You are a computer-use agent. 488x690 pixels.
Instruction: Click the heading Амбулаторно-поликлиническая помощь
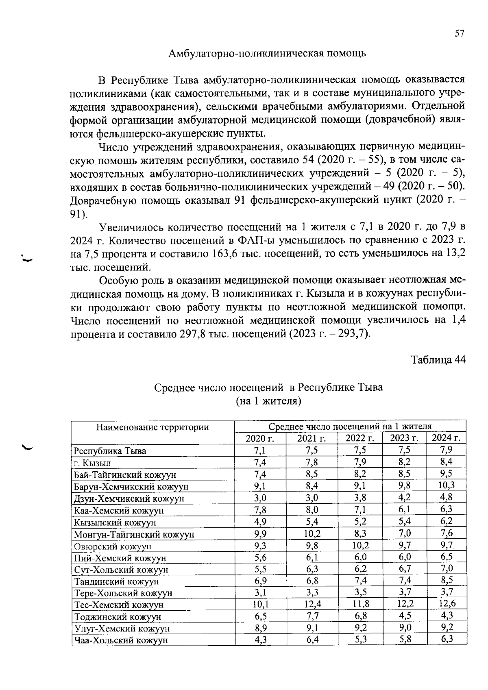click(267, 53)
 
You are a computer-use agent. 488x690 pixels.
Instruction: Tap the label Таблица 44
click(438, 360)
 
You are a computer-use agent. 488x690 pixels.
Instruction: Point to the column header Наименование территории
click(152, 427)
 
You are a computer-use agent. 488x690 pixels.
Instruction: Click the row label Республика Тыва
click(110, 451)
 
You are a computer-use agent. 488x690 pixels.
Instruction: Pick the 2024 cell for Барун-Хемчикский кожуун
click(446, 485)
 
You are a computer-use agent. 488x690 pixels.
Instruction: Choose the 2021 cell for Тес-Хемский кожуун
click(312, 604)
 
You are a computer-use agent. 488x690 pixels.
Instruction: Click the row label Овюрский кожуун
click(113, 546)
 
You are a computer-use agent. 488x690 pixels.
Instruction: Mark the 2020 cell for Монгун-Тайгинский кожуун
click(260, 533)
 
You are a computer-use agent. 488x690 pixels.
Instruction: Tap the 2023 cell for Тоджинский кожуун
click(404, 616)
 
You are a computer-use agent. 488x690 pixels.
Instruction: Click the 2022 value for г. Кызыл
click(360, 462)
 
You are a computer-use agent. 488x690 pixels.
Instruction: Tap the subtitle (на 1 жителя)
click(268, 401)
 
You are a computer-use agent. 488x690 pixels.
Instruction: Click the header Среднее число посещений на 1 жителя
click(350, 427)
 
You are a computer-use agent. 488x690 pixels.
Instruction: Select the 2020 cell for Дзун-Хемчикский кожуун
click(260, 498)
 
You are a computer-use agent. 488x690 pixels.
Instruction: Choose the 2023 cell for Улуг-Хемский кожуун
click(404, 627)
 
